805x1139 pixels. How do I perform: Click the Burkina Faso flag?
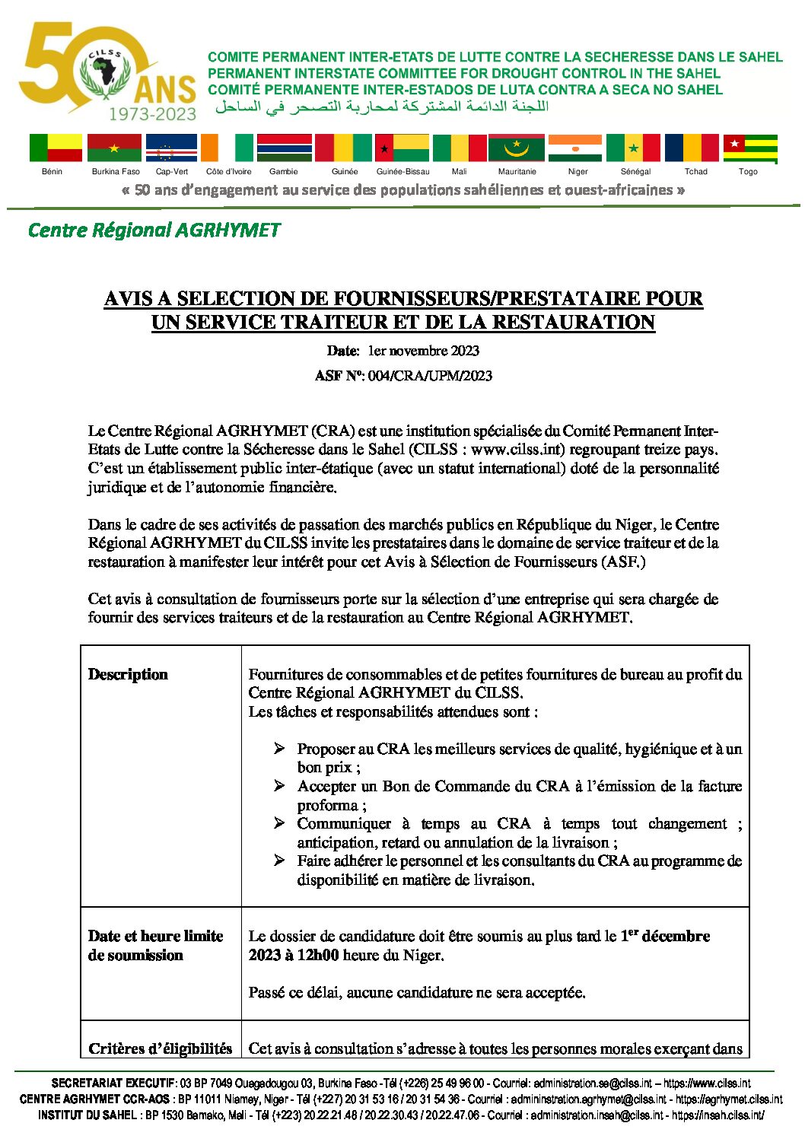point(114,148)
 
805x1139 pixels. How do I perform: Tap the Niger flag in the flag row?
point(574,148)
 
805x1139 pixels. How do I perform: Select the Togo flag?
point(749,148)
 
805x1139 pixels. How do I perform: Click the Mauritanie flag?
point(516,148)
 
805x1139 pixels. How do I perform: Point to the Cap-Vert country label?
point(171,172)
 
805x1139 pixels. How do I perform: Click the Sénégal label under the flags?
point(635,172)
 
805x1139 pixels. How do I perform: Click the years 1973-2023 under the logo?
point(152,114)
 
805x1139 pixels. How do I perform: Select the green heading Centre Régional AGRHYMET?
point(154,230)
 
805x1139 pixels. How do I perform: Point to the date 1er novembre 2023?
point(423,351)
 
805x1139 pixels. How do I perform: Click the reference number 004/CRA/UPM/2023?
point(430,376)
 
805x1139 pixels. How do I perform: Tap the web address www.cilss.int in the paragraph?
point(518,450)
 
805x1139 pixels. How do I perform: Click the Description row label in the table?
point(128,675)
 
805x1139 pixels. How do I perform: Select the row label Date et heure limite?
point(155,937)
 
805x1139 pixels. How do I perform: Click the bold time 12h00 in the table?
point(318,956)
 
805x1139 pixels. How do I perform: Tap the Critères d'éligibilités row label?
point(160,1049)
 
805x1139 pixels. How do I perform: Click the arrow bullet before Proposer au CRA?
point(279,749)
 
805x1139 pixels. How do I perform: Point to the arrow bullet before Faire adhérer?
point(279,861)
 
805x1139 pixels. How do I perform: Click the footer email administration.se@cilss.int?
point(593,1083)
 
